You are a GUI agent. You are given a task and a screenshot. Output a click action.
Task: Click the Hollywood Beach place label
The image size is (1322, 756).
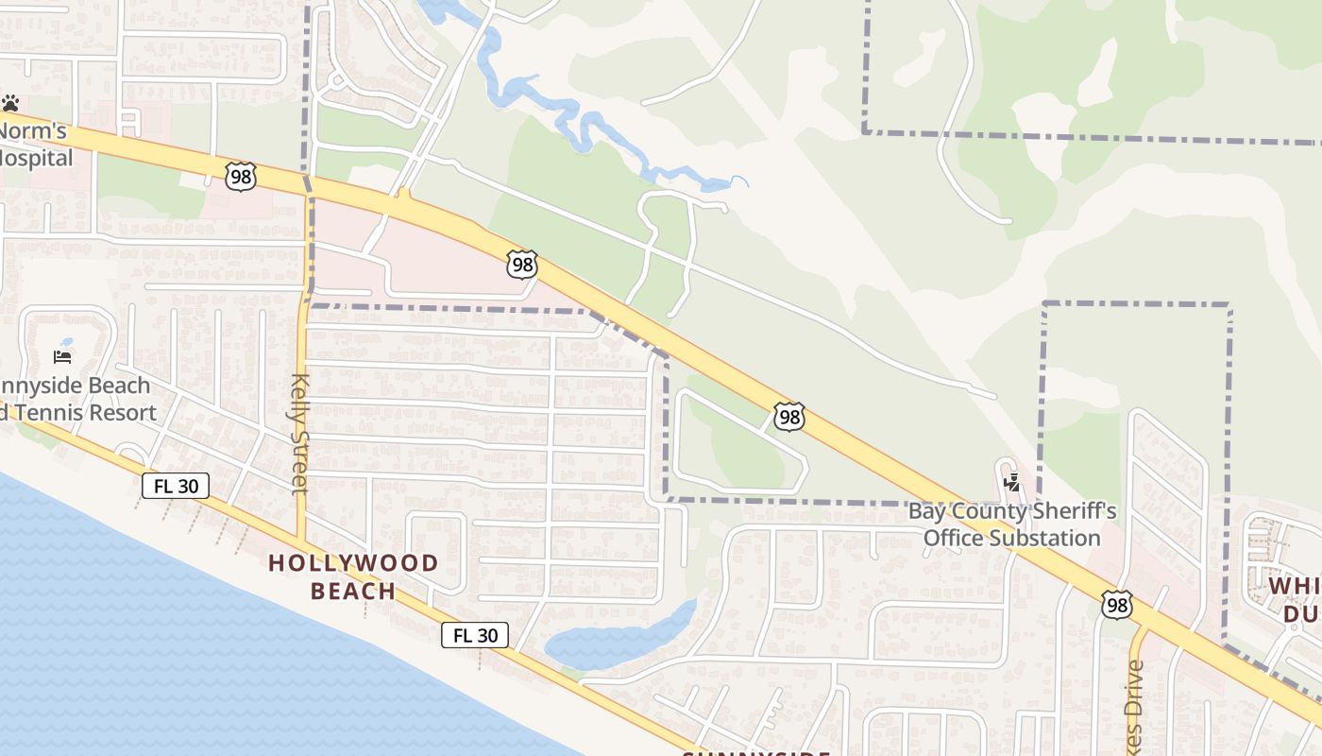click(353, 576)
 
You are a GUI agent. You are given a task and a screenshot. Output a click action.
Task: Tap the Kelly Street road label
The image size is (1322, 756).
click(300, 433)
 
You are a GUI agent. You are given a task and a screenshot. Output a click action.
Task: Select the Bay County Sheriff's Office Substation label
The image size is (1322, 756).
click(1011, 524)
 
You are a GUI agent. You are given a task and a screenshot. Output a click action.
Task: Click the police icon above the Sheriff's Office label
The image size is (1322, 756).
click(1012, 483)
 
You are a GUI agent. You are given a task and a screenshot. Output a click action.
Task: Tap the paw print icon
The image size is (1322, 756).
click(10, 103)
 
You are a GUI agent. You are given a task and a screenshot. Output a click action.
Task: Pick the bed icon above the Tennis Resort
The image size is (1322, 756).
click(62, 356)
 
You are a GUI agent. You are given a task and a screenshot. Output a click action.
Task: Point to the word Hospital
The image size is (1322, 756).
click(36, 157)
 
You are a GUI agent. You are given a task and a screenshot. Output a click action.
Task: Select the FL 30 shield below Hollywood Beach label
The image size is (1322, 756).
click(475, 635)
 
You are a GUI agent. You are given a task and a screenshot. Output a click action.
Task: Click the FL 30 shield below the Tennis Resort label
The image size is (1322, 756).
click(176, 486)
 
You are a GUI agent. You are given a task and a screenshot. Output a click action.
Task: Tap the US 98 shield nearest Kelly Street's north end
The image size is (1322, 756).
click(241, 176)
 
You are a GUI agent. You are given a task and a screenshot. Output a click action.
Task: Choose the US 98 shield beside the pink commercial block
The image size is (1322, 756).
click(521, 264)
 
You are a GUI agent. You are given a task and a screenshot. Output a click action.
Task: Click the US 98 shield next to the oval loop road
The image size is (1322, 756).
click(789, 416)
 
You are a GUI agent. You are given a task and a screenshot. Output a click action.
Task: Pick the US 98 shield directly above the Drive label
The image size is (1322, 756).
click(1116, 605)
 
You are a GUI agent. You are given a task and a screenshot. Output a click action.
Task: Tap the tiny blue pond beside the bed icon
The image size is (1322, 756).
click(65, 342)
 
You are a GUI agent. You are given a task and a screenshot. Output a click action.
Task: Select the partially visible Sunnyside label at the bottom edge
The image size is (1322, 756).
click(755, 752)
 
